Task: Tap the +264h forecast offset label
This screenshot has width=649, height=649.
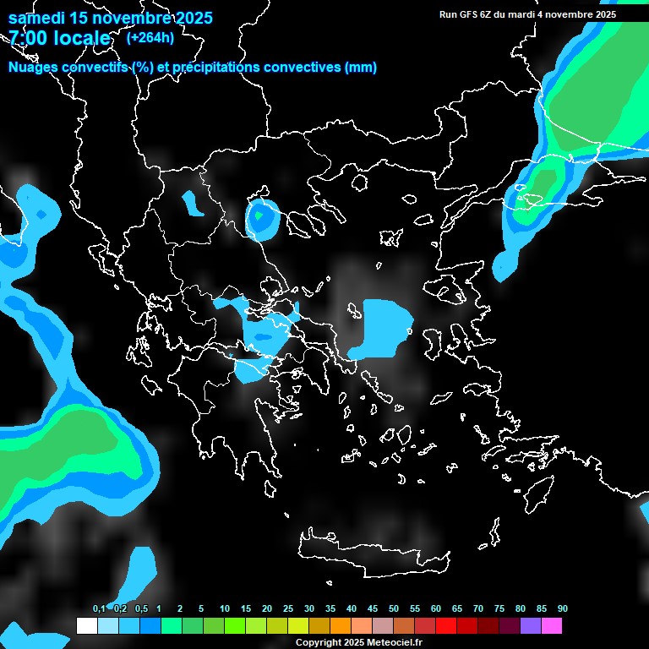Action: coord(150,37)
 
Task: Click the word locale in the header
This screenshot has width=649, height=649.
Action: coord(80,38)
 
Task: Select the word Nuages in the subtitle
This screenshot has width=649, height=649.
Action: coord(33,68)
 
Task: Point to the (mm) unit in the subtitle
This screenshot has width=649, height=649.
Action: coord(361,68)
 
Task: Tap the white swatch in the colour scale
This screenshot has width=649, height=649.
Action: coord(86,625)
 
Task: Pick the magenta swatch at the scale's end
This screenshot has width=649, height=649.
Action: coord(551,625)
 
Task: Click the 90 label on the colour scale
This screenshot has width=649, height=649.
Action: coord(562,609)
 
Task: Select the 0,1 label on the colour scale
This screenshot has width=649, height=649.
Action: coord(99,609)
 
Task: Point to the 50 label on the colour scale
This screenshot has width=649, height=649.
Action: coord(394,609)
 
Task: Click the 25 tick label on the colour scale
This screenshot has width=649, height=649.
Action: coord(288,609)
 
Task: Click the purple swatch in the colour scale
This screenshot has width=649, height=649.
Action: coord(530,625)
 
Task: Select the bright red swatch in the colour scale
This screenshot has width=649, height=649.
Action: coord(445,625)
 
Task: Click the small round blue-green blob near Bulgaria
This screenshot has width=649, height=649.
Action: coord(262,218)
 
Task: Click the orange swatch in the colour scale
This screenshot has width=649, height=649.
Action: coord(340,625)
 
